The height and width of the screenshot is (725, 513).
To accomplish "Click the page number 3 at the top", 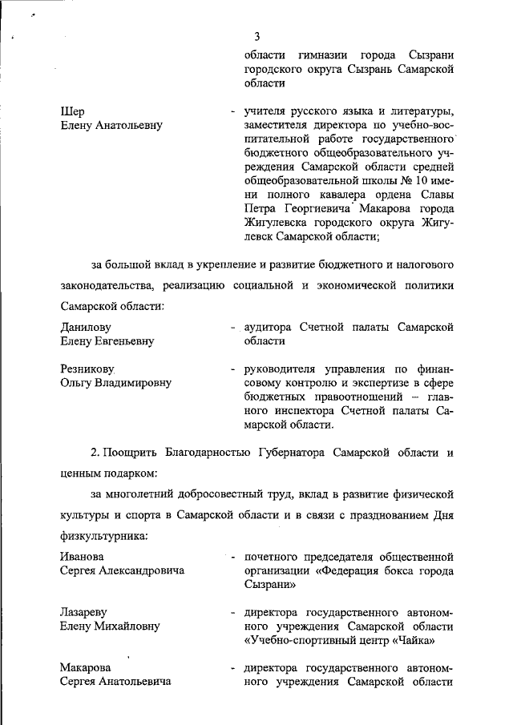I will pyautogui.click(x=256, y=36).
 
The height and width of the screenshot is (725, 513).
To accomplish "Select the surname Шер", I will pyautogui.click(x=73, y=111).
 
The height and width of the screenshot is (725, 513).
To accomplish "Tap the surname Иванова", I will pyautogui.click(x=83, y=557).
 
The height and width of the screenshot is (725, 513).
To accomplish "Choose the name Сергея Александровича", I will pyautogui.click(x=122, y=571).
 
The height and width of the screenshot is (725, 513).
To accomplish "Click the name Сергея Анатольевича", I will pyautogui.click(x=116, y=682).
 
